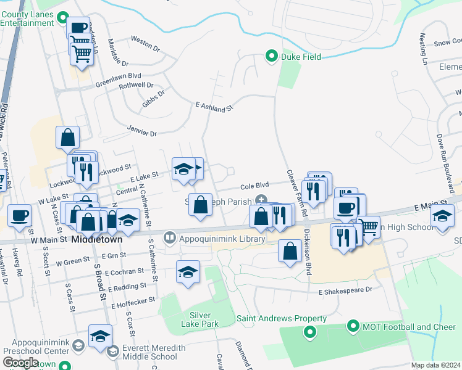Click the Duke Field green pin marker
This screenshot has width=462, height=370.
click(x=271, y=57)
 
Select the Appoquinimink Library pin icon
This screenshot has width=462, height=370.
click(x=169, y=236)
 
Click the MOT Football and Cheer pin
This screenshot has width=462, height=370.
click(x=353, y=326)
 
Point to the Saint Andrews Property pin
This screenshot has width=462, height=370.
click(x=309, y=334)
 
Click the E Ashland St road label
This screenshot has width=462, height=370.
click(x=213, y=107)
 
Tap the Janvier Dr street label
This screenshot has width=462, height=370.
click(x=142, y=132)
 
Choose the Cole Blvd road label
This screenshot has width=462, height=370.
click(x=254, y=185)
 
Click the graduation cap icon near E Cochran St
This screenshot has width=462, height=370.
click(x=188, y=271)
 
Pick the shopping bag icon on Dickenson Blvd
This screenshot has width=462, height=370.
click(x=290, y=250)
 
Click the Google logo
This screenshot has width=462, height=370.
click(x=20, y=362)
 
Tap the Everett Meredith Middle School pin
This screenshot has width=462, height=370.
click(x=112, y=351)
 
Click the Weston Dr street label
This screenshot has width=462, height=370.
click(x=145, y=39)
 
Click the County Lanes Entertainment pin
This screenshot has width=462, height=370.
click(x=61, y=18)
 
